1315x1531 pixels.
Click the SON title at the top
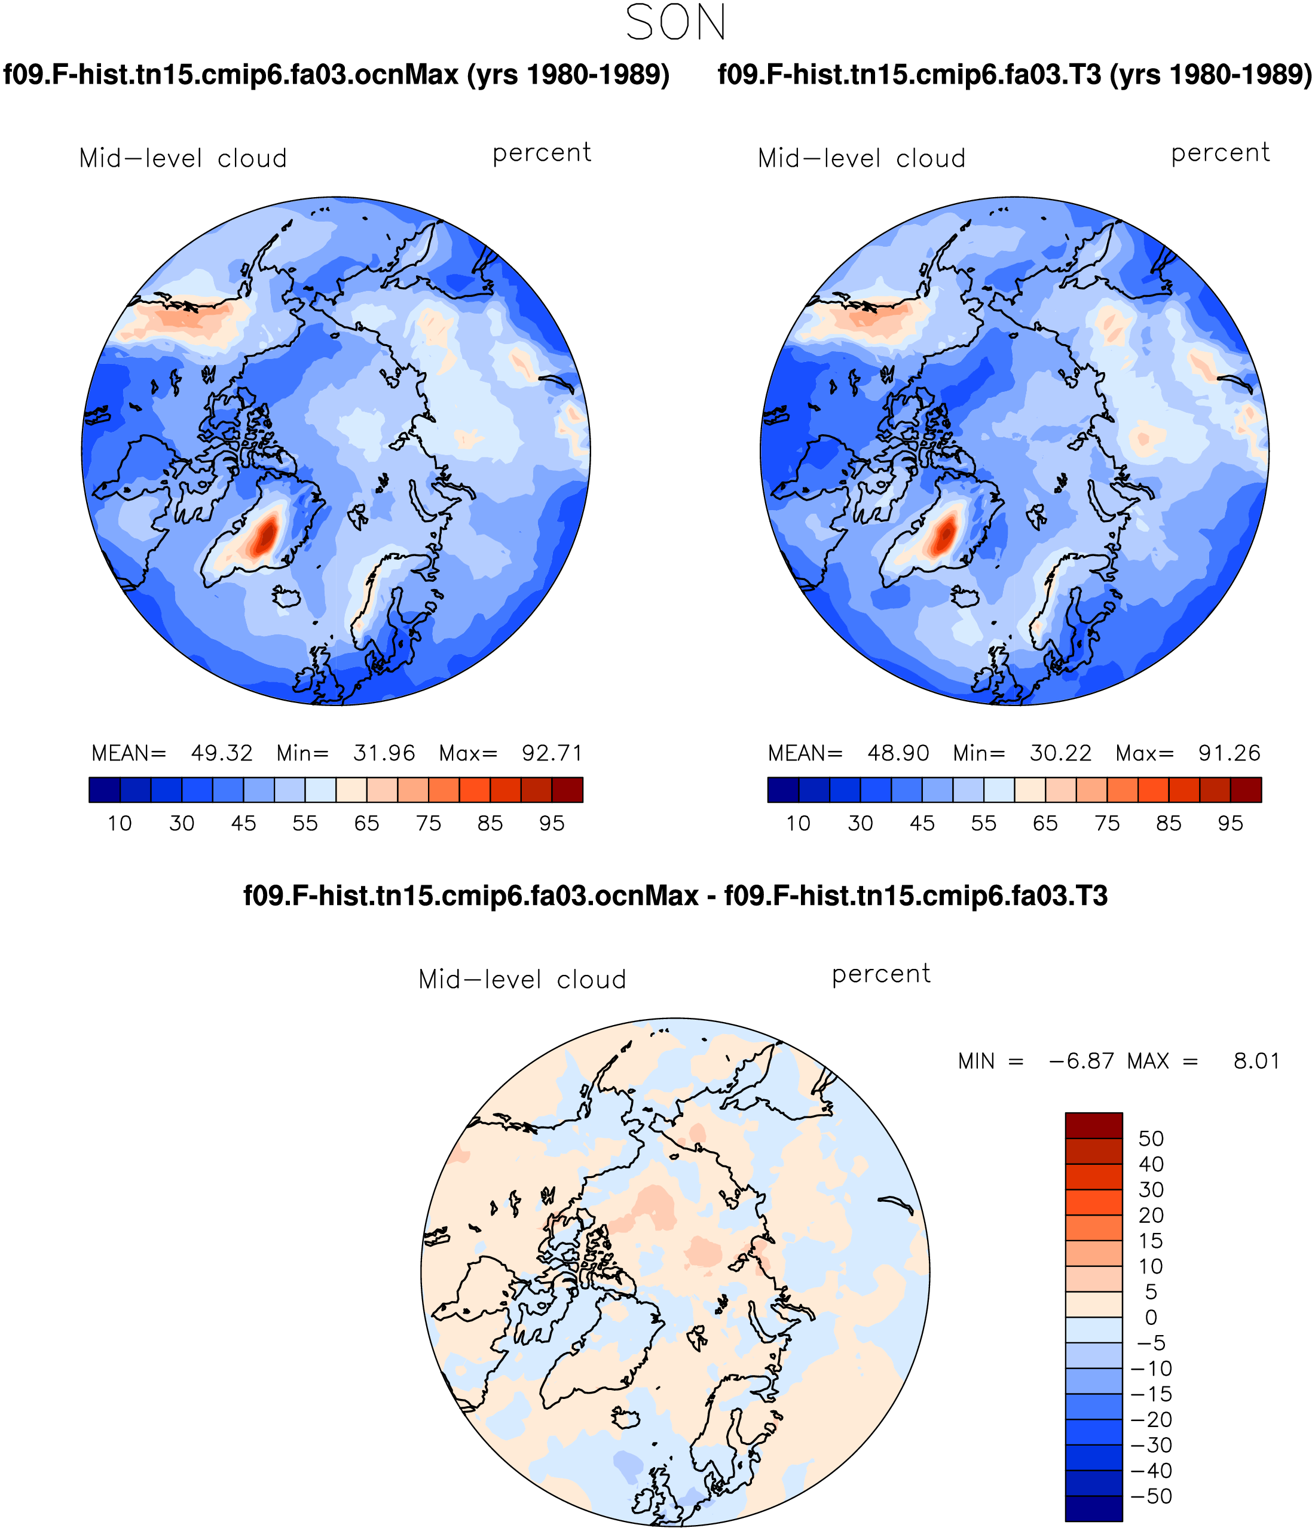click(x=675, y=22)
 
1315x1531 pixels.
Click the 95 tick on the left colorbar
click(x=552, y=823)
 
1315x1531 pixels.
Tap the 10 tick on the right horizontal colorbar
click(x=799, y=823)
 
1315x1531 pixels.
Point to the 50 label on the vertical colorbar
click(x=1151, y=1139)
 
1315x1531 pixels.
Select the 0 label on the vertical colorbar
click(x=1151, y=1318)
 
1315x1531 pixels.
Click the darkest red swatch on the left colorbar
click(x=567, y=790)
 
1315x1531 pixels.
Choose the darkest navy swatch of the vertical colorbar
click(x=1093, y=1508)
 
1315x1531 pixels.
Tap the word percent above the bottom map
click(x=880, y=975)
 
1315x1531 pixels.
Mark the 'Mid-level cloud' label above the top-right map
click(x=861, y=158)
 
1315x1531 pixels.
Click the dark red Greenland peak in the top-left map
click(x=265, y=533)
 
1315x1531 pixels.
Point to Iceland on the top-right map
click(x=964, y=596)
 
